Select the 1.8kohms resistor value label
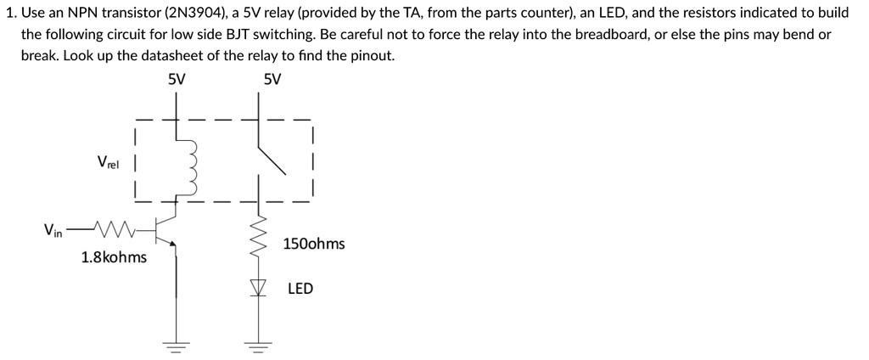[114, 256]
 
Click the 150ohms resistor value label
[314, 244]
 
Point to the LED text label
[300, 289]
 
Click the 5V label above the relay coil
[177, 80]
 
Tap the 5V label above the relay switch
[272, 80]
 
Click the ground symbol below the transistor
[177, 346]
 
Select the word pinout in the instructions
[372, 55]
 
